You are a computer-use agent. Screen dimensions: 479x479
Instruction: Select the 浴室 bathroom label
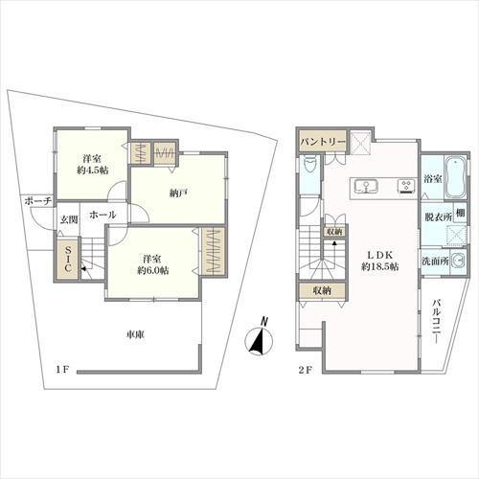click(x=432, y=179)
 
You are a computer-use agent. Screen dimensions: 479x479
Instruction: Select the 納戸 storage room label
click(x=177, y=193)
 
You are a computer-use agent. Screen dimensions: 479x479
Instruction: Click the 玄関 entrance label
click(x=69, y=221)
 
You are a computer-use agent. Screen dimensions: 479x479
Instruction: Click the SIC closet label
click(x=67, y=262)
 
